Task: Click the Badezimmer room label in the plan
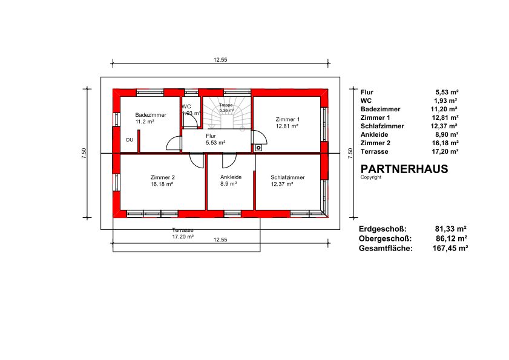pyautogui.click(x=151, y=115)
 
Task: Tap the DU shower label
pyautogui.click(x=130, y=140)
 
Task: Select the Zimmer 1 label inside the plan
pyautogui.click(x=287, y=119)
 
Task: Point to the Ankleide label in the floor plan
pyautogui.click(x=231, y=177)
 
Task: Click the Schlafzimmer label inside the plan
pyautogui.click(x=287, y=177)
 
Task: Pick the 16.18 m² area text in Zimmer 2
pyautogui.click(x=162, y=184)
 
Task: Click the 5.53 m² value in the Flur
pyautogui.click(x=215, y=143)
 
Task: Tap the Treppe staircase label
pyautogui.click(x=226, y=105)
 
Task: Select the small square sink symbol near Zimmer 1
pyautogui.click(x=258, y=148)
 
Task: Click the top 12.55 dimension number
pyautogui.click(x=220, y=60)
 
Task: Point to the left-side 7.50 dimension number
pyautogui.click(x=84, y=153)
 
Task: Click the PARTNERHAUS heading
pyautogui.click(x=404, y=169)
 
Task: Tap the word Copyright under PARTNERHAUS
pyautogui.click(x=371, y=177)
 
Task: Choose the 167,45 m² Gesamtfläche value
pyautogui.click(x=450, y=248)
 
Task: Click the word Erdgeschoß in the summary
pyautogui.click(x=383, y=229)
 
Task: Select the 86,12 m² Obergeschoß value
pyautogui.click(x=452, y=238)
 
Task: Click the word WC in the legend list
pyautogui.click(x=366, y=100)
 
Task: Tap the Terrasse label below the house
pyautogui.click(x=183, y=230)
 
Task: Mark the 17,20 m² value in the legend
pyautogui.click(x=445, y=151)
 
